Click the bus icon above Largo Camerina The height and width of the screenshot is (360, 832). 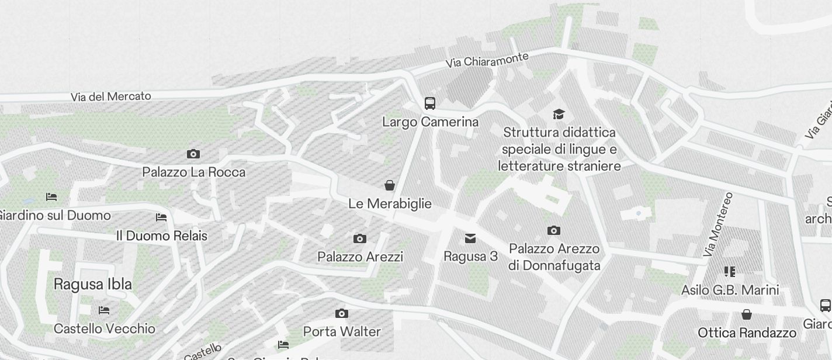coord(430,103)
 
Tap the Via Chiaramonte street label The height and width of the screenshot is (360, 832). coord(487,59)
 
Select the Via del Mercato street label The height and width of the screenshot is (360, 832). coord(111,96)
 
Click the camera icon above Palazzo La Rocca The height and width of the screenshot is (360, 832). coord(193,154)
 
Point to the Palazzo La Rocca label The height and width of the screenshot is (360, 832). coord(193,172)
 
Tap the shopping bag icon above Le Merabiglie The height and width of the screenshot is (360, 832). coord(390,186)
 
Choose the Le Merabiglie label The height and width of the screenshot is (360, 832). coord(390,204)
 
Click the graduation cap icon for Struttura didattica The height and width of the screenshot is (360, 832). coord(559,114)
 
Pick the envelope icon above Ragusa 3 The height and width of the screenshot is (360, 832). coord(470,238)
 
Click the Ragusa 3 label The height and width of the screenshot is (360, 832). coord(470,257)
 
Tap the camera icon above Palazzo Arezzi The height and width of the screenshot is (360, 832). coord(360,238)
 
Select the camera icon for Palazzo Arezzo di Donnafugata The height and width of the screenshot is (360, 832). coord(554,231)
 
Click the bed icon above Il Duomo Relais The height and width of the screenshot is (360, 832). coord(161,217)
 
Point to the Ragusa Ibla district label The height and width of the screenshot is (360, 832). coord(93,285)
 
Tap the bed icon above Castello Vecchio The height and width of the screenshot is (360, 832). coord(104,310)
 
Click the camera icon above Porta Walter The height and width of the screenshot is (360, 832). coord(342,314)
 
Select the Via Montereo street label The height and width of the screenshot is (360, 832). coord(718,224)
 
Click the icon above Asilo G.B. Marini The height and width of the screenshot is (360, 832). coord(729,272)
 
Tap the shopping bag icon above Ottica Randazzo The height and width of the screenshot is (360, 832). coord(747,314)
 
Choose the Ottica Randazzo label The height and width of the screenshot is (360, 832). coord(747,333)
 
